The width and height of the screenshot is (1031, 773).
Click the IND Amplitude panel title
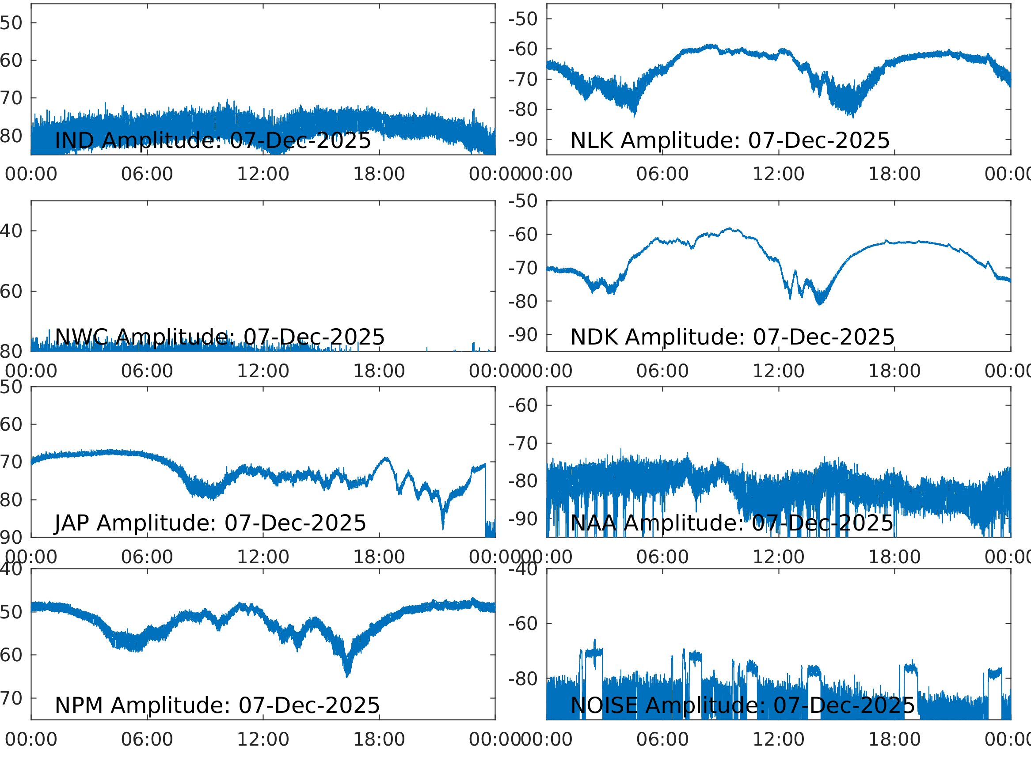[213, 140]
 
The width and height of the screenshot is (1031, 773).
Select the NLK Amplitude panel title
[730, 140]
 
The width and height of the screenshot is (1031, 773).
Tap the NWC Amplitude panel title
[220, 337]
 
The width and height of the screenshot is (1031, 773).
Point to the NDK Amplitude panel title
[732, 337]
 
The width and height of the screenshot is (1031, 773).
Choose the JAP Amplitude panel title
[210, 523]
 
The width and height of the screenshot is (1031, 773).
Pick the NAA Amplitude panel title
[732, 523]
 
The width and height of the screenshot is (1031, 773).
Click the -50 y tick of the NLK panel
[523, 19]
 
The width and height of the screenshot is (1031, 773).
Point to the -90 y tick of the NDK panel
[523, 334]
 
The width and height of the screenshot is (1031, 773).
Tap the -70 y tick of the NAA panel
[523, 443]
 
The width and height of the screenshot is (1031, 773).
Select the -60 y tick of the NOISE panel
[523, 623]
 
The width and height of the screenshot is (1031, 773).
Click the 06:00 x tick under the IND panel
[147, 174]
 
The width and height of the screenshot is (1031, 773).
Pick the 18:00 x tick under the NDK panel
[894, 371]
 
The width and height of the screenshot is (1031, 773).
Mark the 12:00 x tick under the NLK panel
[778, 174]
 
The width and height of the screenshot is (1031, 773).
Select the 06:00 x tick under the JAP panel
[147, 557]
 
